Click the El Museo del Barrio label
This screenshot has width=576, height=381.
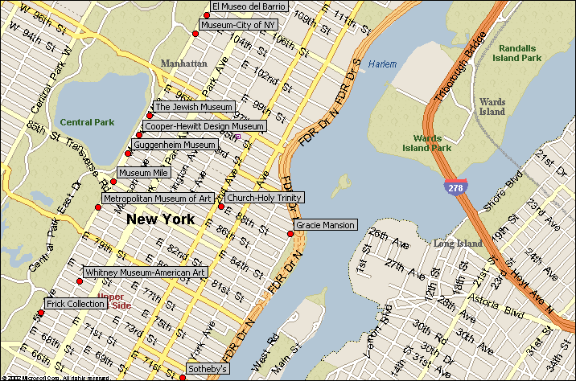click(x=249, y=6)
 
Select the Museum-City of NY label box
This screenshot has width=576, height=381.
click(x=239, y=25)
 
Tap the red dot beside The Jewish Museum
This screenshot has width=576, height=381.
click(x=149, y=116)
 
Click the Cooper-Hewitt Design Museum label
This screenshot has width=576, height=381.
click(x=204, y=126)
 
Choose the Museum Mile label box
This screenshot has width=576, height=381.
click(x=143, y=173)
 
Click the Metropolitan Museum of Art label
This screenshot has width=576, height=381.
click(x=158, y=198)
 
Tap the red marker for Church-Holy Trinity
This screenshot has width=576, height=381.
click(x=221, y=207)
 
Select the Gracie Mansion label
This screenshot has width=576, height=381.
click(x=325, y=225)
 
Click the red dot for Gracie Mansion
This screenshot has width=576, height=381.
click(x=290, y=234)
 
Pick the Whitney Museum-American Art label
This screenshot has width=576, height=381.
click(x=145, y=272)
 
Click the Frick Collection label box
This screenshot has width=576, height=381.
click(x=75, y=304)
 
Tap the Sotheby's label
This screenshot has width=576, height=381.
click(x=208, y=369)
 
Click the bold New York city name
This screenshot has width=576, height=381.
click(x=161, y=219)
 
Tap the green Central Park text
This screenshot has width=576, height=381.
click(x=87, y=122)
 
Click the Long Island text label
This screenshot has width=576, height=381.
click(x=458, y=244)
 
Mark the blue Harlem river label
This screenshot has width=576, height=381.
click(x=383, y=64)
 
